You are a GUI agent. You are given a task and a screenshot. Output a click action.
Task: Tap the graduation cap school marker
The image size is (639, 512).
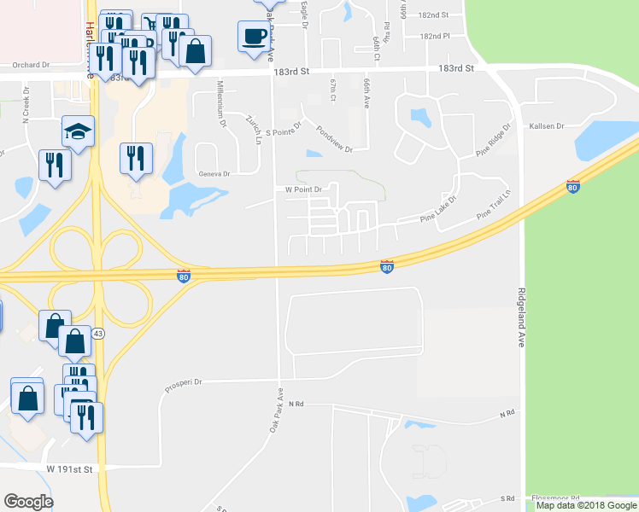coord(78,133)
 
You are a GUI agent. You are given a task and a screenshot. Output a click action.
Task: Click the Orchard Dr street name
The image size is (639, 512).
coord(32,64)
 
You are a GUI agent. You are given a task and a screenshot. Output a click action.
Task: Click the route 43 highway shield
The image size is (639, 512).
coord(99,333)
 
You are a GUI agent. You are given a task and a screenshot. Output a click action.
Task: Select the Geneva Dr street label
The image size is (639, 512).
coord(214,173)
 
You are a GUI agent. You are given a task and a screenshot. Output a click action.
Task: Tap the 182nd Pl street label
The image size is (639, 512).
coord(435,37)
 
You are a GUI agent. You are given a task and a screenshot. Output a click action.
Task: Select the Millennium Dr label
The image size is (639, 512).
coord(221,105)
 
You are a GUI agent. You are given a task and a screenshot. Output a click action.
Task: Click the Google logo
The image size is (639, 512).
coord(28,502)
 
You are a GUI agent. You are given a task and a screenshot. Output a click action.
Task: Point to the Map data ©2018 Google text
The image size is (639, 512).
coord(583,505)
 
